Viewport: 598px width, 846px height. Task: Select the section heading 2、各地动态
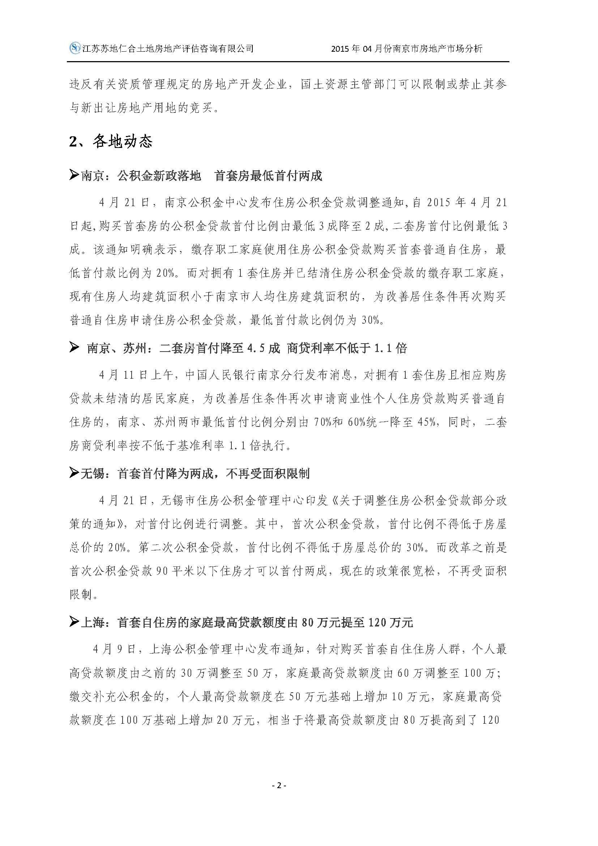click(111, 141)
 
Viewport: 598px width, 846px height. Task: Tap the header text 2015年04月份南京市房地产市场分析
click(406, 48)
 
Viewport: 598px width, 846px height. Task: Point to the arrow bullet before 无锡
click(74, 473)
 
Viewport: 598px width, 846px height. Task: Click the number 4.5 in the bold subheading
click(256, 348)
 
